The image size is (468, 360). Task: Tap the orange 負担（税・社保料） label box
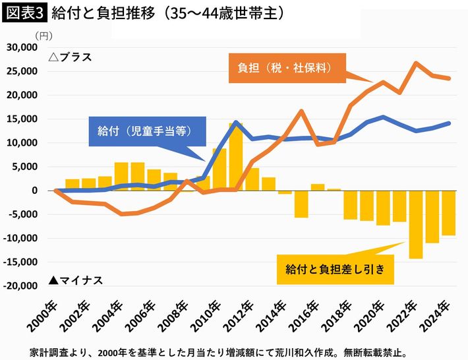[x=284, y=68]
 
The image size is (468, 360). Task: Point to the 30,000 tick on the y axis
[x=21, y=48]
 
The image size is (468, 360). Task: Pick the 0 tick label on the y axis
[x=35, y=191]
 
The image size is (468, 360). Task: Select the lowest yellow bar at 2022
[x=416, y=224]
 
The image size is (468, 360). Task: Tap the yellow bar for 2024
[x=448, y=213]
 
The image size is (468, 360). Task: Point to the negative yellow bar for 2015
[x=301, y=204]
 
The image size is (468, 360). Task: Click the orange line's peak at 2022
[x=416, y=63]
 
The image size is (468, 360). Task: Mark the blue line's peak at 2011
[x=235, y=122]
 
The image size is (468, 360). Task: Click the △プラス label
[x=71, y=57]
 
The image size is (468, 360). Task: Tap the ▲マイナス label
[x=76, y=280]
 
